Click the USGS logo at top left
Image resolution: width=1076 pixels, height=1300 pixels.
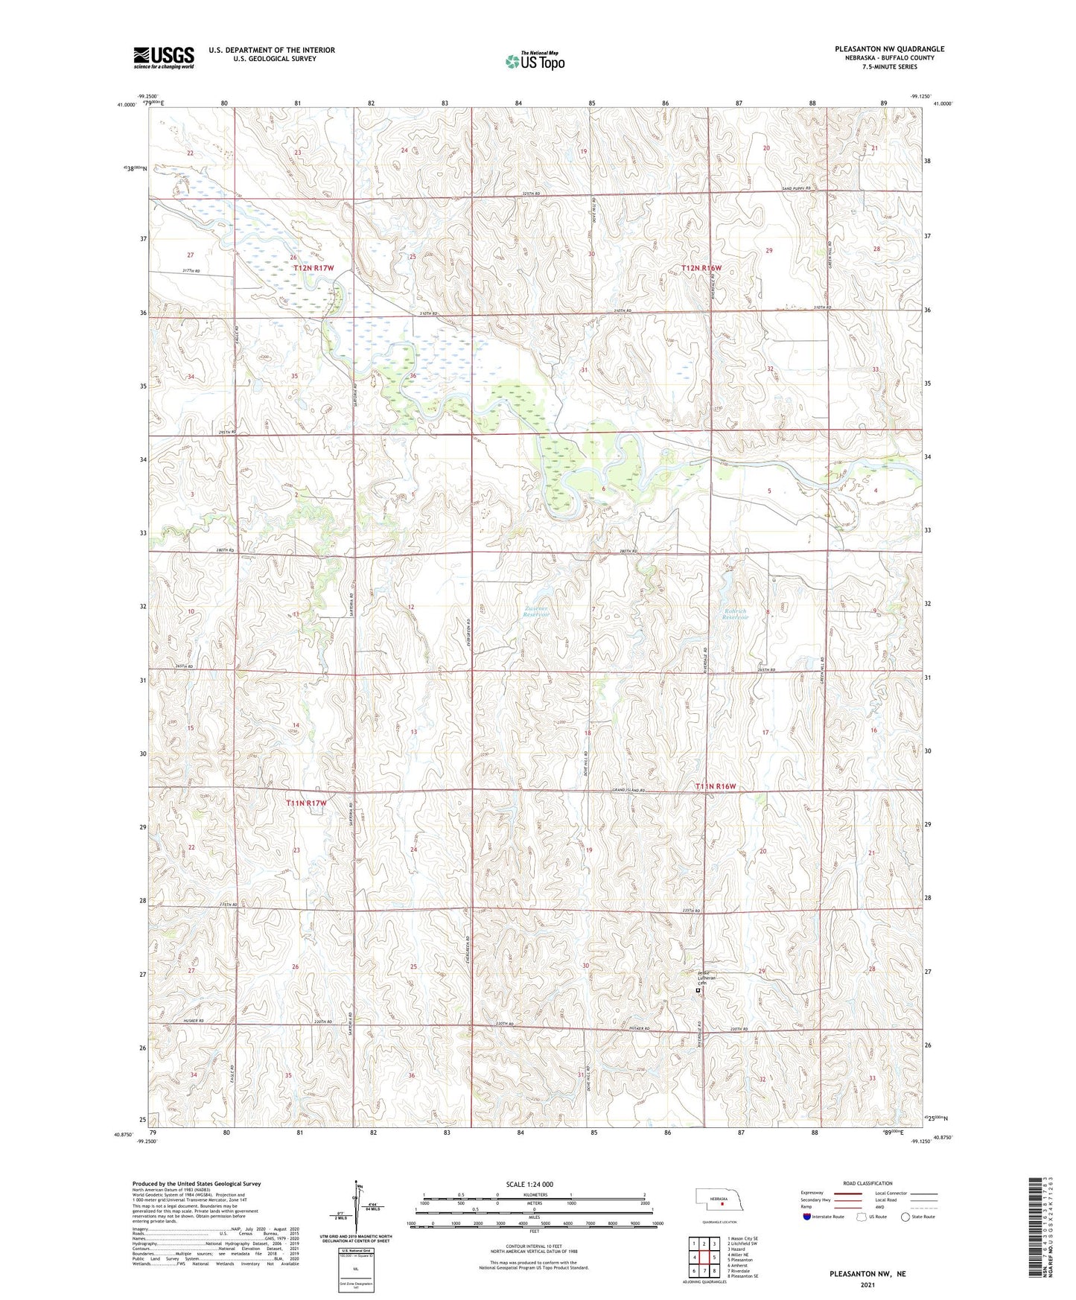tap(164, 57)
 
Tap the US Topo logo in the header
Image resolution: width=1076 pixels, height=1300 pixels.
tap(535, 61)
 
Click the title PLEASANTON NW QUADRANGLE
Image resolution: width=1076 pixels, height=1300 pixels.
tap(889, 49)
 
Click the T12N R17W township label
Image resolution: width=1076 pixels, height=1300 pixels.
tap(313, 267)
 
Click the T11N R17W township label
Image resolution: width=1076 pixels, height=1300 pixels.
tap(307, 803)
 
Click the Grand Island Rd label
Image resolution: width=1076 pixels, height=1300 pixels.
tap(627, 790)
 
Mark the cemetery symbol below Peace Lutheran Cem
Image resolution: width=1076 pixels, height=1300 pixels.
tap(698, 991)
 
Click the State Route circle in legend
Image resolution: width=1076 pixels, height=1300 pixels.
tap(905, 1217)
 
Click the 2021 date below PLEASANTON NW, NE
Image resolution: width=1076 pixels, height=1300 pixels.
tap(867, 1284)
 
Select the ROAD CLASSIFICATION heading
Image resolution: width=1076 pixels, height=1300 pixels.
tap(868, 1183)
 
